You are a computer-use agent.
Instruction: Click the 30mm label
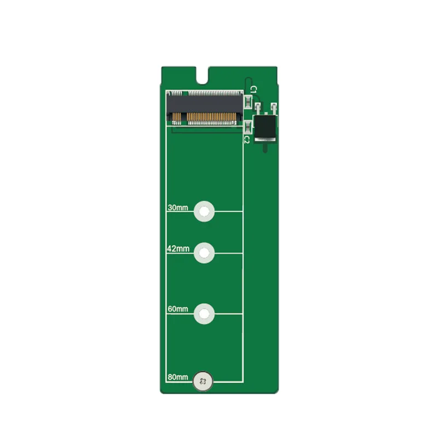178,208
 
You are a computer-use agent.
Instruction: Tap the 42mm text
178,249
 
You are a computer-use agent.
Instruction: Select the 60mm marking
178,309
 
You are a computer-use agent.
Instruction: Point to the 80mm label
178,377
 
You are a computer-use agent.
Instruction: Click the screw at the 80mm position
204,382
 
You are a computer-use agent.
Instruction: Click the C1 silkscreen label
253,89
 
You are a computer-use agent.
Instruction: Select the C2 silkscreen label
247,140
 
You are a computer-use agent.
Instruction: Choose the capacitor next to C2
248,128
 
